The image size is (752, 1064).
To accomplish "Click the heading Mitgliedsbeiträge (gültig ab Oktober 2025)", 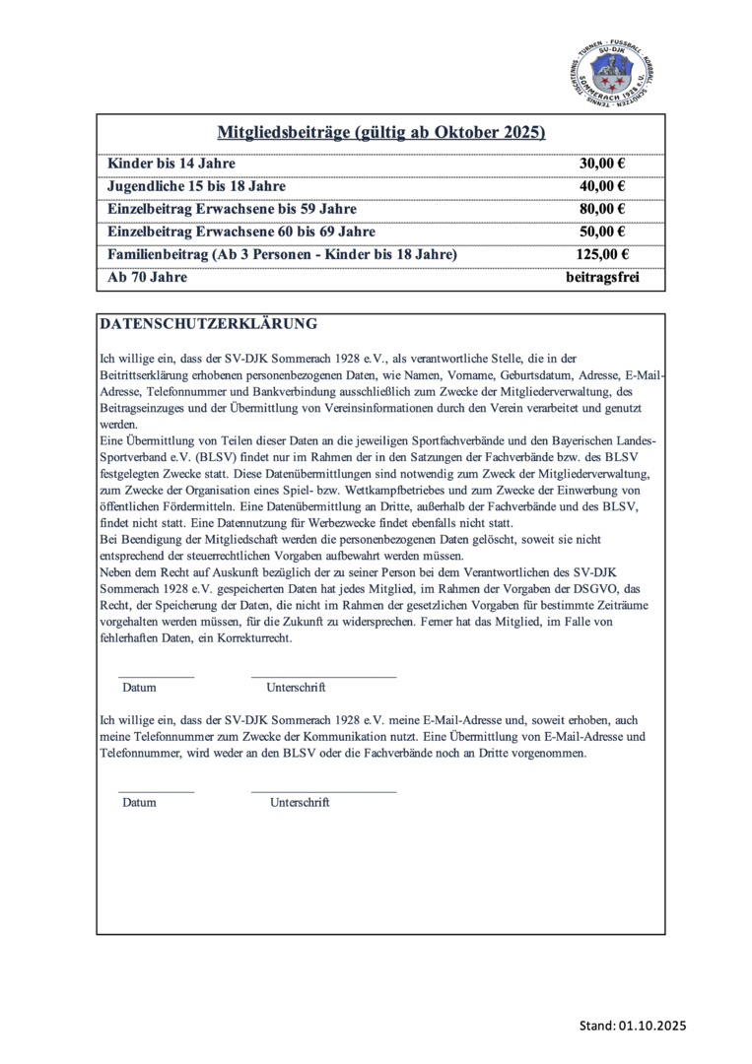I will [381, 133].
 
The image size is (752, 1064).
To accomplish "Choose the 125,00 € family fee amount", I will [602, 255].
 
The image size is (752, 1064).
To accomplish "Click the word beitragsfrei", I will [602, 278].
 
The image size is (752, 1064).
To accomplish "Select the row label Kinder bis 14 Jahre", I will [171, 164].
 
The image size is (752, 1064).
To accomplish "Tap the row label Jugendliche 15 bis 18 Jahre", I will [196, 186].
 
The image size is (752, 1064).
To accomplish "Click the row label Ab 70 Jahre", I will [147, 278].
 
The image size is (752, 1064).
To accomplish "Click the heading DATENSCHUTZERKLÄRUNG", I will [208, 323].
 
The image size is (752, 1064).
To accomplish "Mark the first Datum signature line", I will [156, 677].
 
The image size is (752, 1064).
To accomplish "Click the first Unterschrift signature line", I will [323, 677].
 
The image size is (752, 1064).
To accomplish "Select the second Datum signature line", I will [156, 791].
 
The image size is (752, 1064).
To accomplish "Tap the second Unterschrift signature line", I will [323, 791].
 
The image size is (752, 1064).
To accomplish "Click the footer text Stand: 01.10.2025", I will [632, 1026].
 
